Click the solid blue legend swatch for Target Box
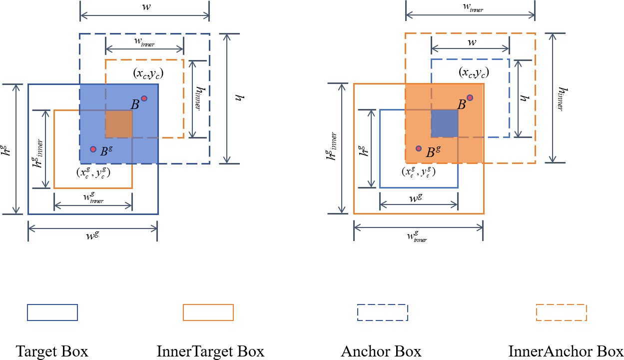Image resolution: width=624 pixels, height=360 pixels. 52,312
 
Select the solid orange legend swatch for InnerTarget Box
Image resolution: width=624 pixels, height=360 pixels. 208,312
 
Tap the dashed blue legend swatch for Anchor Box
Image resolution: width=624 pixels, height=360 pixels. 383,312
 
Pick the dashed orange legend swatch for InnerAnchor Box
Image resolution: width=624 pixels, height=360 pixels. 561,312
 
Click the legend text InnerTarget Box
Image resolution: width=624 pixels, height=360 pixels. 210,351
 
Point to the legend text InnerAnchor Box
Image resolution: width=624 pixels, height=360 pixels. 566,351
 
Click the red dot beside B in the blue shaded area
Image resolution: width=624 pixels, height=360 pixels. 144,98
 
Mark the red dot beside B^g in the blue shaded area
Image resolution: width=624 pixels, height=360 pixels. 93,149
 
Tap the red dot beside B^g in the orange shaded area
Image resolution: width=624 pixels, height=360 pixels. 419,148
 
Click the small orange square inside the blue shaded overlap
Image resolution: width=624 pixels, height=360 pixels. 119,124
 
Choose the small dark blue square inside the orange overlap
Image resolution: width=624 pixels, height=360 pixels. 445,123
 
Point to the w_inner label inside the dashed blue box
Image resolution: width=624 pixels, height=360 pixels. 144,44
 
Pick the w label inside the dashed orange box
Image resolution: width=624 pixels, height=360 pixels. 471,43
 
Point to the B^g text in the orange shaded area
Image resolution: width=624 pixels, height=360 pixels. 433,152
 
